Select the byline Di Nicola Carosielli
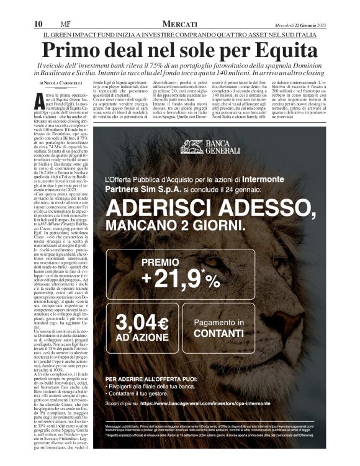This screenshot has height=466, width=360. click(x=61, y=82)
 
